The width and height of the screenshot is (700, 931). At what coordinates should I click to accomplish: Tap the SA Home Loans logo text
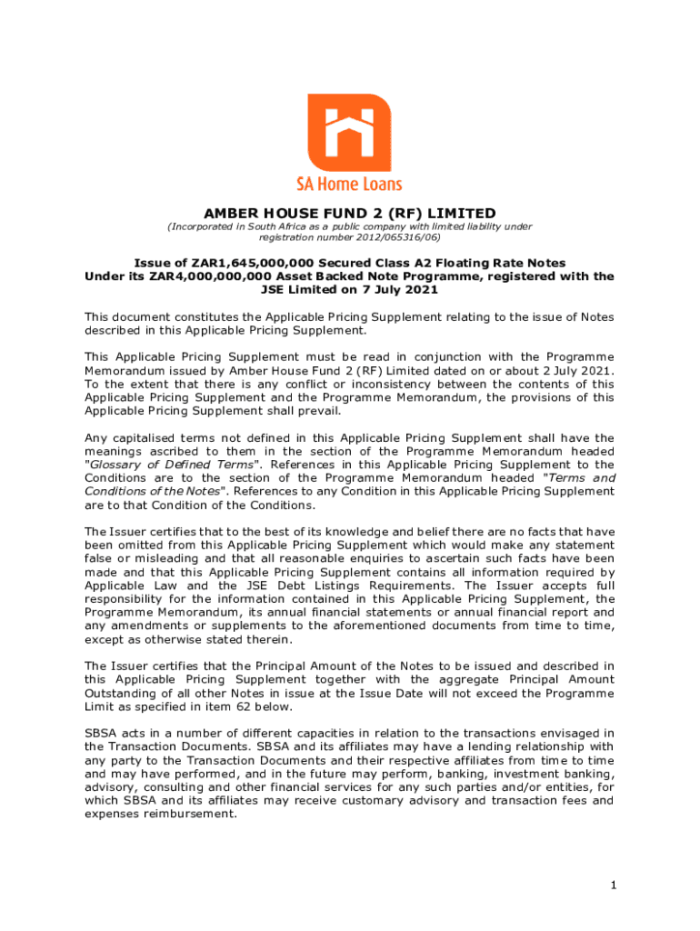(x=349, y=183)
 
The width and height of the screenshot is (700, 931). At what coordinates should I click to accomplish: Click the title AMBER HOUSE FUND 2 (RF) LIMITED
(x=349, y=214)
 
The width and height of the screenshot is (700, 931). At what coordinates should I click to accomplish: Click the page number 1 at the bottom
(x=614, y=885)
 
